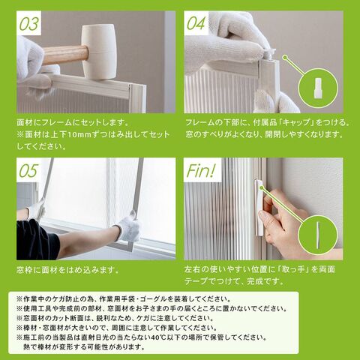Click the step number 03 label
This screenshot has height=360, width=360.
point(29,24)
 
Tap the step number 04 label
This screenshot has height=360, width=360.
point(196,23)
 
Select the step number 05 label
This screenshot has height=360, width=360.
point(29,171)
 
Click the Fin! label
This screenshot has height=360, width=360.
point(201,171)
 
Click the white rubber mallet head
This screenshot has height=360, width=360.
point(98,52)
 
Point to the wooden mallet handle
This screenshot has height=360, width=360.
point(64,55)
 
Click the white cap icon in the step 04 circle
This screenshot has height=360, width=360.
point(318,88)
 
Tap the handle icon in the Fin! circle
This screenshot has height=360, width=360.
point(318,235)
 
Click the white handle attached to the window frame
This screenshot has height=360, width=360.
point(259,208)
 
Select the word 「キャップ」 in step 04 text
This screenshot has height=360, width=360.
point(296,122)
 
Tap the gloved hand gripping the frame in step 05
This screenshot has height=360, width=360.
point(128,227)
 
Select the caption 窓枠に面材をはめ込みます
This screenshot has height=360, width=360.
point(67,270)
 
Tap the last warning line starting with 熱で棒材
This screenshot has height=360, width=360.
point(84,347)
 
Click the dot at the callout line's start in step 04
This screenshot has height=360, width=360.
point(284,58)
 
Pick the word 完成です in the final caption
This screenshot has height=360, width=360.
point(265,281)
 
